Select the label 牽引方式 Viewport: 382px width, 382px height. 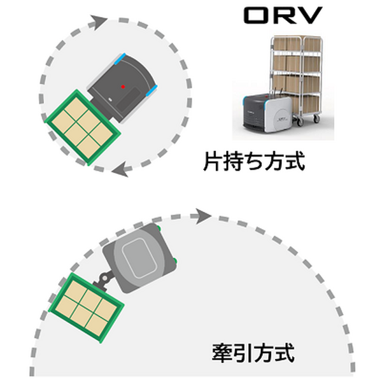(253, 352)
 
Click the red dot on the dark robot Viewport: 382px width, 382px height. (124, 85)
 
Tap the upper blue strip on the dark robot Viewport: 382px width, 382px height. (119, 60)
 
